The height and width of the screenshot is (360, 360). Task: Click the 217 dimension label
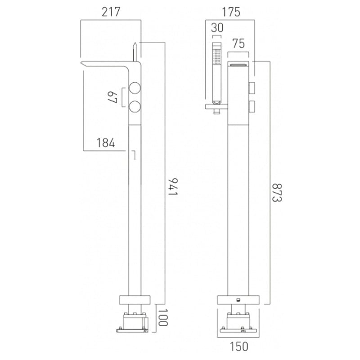[111, 12]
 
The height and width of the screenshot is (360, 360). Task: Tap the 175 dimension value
[231, 12]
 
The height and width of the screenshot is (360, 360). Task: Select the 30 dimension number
[217, 27]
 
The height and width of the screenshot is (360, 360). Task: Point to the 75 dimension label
[238, 43]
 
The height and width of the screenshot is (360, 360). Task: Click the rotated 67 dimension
[112, 97]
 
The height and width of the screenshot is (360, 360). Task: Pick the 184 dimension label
[106, 143]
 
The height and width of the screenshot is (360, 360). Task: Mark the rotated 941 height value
[173, 187]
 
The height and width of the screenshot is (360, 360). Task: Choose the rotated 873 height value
[277, 193]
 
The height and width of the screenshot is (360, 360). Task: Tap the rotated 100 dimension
[163, 318]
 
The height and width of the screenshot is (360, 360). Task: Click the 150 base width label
[239, 346]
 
